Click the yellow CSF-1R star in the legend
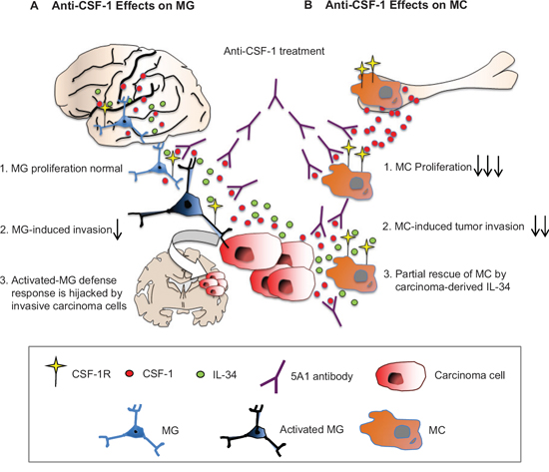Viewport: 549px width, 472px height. pos(56,367)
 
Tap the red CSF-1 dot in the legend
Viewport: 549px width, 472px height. pos(130,373)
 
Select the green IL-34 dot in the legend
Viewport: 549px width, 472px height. pos(201,374)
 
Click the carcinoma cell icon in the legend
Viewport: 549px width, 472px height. pos(400,376)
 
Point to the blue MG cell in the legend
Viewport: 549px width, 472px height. pos(133,430)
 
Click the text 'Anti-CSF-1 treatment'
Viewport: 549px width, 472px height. pos(274,51)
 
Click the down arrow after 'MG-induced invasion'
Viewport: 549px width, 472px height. pos(118,231)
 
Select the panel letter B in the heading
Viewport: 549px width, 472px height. pos(308,5)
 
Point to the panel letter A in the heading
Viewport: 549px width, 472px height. pos(34,5)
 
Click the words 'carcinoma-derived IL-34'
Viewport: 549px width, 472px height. pos(452,287)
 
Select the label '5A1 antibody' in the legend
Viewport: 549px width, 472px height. pos(321,376)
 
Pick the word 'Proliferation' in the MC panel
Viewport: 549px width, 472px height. pos(443,168)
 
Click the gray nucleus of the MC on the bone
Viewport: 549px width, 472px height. pos(385,92)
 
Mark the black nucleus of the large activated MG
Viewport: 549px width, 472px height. pos(189,205)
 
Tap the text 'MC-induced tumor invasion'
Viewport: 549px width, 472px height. pos(459,227)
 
